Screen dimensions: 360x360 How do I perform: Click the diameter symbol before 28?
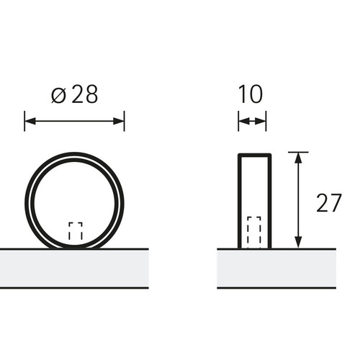[58, 96]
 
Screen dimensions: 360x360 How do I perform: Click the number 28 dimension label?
[85, 94]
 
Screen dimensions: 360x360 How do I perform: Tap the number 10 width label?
[251, 94]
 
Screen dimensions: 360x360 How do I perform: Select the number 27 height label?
[329, 203]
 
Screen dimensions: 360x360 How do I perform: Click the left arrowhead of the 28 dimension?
[30, 121]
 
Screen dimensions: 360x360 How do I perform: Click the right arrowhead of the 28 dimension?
[119, 121]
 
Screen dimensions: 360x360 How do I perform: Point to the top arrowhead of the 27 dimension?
[298, 158]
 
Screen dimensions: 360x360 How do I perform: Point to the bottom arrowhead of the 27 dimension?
[298, 243]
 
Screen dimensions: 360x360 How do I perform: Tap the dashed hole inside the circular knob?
[76, 231]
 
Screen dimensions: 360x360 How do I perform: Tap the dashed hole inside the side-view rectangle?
[254, 233]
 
